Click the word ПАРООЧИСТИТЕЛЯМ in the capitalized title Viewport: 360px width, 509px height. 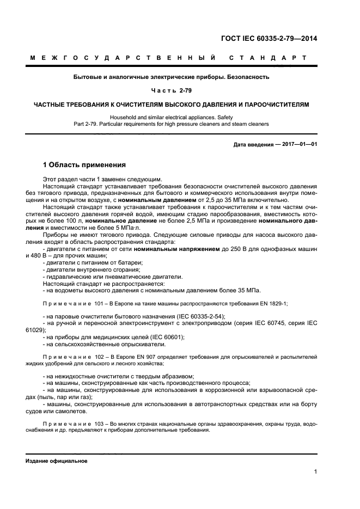(x=278, y=103)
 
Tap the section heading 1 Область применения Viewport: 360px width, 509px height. (x=84, y=164)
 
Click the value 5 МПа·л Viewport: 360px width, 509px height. (x=127, y=228)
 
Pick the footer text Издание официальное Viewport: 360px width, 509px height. (x=57, y=461)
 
